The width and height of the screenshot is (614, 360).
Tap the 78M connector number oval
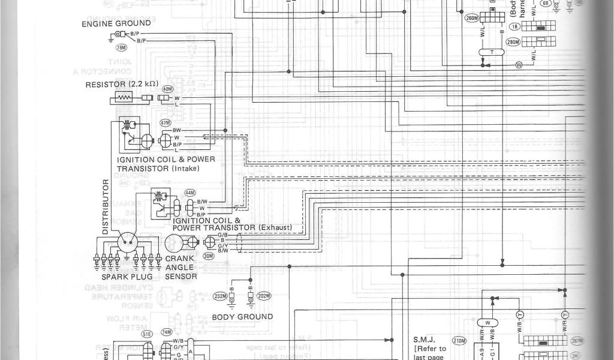pyautogui.click(x=121, y=47)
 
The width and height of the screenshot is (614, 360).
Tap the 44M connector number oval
pyautogui.click(x=190, y=193)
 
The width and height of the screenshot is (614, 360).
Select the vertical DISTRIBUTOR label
pyautogui.click(x=106, y=206)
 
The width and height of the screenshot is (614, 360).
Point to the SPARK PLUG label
pyautogui.click(x=125, y=277)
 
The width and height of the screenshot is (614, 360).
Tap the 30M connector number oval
pyautogui.click(x=209, y=255)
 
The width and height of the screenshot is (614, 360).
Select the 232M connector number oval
pyautogui.click(x=220, y=296)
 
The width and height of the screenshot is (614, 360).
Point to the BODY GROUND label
pyautogui.click(x=242, y=317)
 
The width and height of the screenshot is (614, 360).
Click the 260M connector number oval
pyautogui.click(x=472, y=17)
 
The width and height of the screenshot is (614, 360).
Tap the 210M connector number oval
pyautogui.click(x=460, y=341)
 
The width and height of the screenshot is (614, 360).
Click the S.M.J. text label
pyautogui.click(x=423, y=339)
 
